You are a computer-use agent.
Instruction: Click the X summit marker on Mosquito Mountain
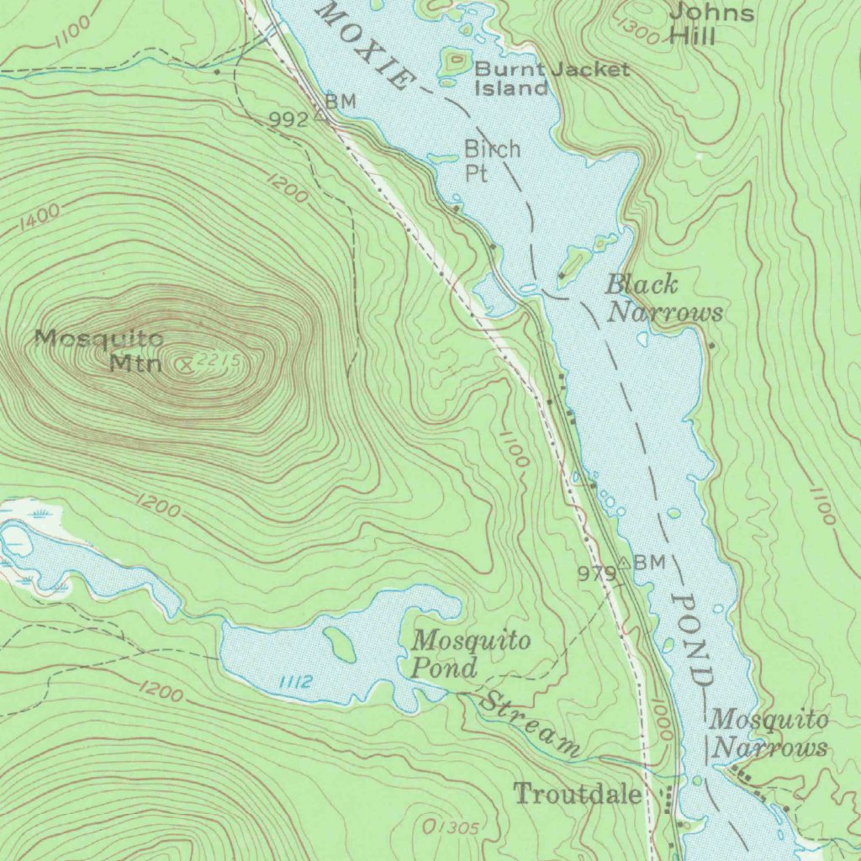click(187, 364)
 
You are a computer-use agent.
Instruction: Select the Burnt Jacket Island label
click(551, 78)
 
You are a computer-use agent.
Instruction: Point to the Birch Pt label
click(492, 161)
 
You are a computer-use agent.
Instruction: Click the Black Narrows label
click(663, 298)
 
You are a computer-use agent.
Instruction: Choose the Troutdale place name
click(578, 794)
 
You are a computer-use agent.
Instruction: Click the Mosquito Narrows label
click(769, 733)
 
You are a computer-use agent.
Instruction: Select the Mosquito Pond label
click(471, 654)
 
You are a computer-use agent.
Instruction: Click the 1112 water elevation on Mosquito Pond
click(293, 682)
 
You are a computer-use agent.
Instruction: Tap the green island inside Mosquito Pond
click(341, 644)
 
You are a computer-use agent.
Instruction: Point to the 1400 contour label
click(39, 217)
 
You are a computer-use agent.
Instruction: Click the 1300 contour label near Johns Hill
click(637, 29)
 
